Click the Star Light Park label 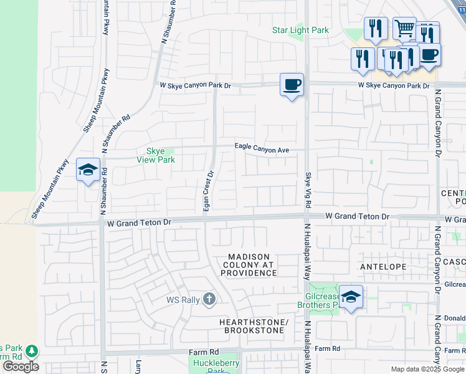click(300, 30)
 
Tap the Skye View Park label click(156, 155)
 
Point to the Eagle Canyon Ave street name click(262, 148)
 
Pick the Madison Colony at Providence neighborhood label click(249, 265)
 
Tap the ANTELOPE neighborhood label click(383, 267)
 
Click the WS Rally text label click(183, 300)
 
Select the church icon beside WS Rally click(209, 300)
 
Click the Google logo click(21, 367)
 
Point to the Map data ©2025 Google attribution click(427, 369)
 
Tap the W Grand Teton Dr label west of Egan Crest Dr click(138, 221)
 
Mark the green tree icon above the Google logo click(31, 351)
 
